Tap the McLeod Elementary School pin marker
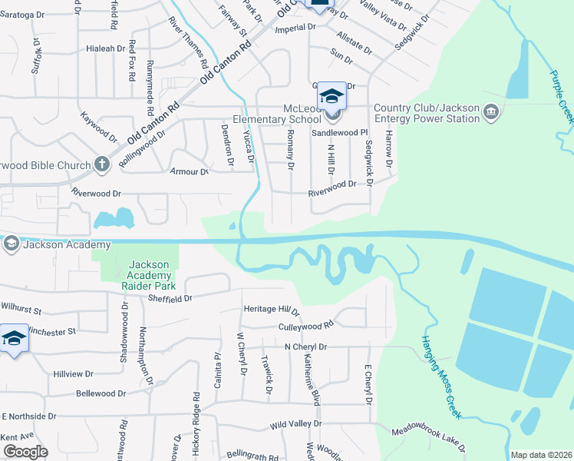(x=332, y=98)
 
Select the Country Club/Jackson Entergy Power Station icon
(x=492, y=114)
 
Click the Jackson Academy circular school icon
(x=11, y=244)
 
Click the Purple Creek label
(x=562, y=97)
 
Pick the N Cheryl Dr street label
(x=305, y=347)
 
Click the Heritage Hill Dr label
(x=271, y=309)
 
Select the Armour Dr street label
(x=193, y=172)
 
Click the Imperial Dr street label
(x=301, y=27)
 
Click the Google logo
(x=26, y=452)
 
